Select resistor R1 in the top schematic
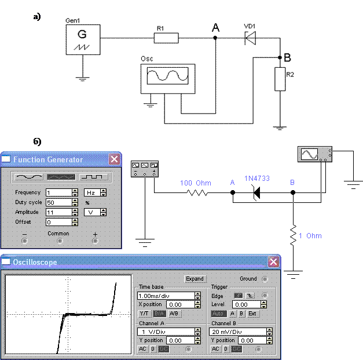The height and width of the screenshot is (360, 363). [x=166, y=38]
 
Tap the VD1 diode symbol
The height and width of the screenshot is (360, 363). [x=251, y=38]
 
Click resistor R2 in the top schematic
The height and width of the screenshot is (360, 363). [x=280, y=79]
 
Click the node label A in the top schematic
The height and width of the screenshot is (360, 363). [x=216, y=28]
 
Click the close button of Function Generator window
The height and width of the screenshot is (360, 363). [x=115, y=159]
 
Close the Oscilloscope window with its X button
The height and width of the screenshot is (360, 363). [x=273, y=262]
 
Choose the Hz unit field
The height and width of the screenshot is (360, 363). [x=93, y=192]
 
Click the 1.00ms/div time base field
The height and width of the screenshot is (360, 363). [x=166, y=296]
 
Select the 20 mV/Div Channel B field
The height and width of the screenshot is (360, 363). [x=238, y=332]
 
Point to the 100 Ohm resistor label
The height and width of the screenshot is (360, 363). [x=196, y=183]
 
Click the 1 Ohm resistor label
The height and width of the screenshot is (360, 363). [x=310, y=236]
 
